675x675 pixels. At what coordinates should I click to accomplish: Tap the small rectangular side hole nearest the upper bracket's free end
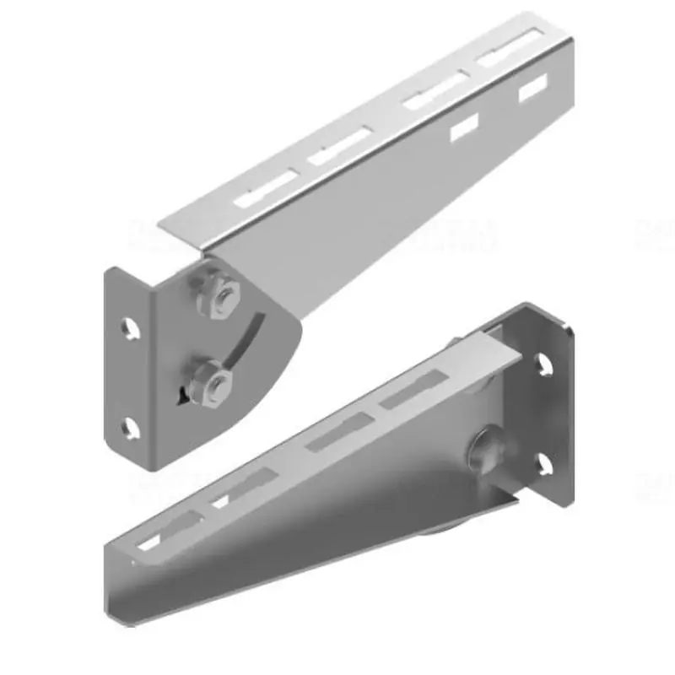[532, 88]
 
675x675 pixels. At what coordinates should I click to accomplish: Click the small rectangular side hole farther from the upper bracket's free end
[463, 127]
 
